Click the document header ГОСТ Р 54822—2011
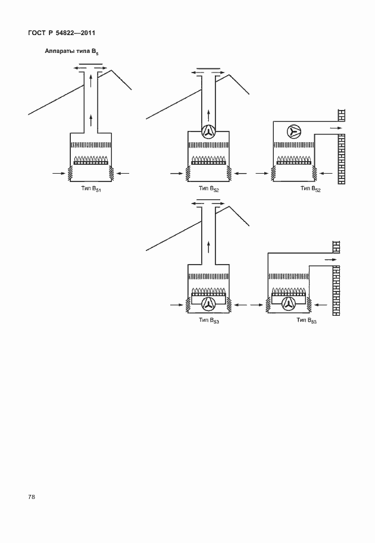[x=61, y=33]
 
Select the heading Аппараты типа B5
[x=72, y=52]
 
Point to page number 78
[x=32, y=497]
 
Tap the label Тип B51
[x=91, y=189]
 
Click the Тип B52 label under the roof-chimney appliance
[x=209, y=189]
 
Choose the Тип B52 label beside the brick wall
[x=311, y=189]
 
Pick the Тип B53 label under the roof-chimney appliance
[x=209, y=321]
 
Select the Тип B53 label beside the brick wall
[x=307, y=321]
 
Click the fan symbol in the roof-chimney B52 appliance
[x=209, y=131]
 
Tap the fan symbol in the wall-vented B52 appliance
[x=294, y=131]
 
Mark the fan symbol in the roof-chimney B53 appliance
[x=209, y=304]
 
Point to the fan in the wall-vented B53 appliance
[x=288, y=304]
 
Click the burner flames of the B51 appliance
[x=91, y=159]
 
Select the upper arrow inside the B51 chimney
[x=91, y=81]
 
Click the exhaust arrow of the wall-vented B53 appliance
[x=330, y=259]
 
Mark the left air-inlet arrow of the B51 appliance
[x=58, y=173]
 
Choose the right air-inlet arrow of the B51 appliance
[x=123, y=173]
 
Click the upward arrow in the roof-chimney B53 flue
[x=209, y=247]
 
